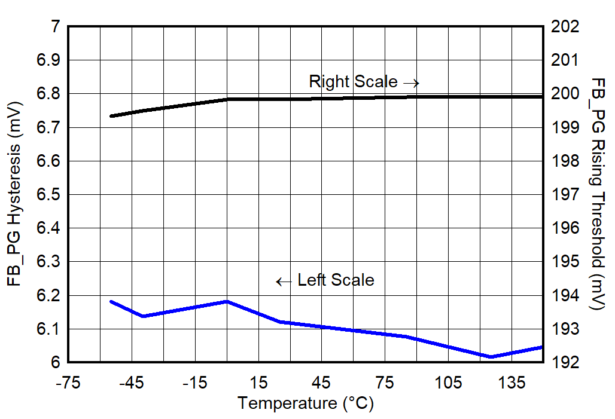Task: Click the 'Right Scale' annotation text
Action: click(x=352, y=82)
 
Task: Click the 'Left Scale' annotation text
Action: click(x=336, y=280)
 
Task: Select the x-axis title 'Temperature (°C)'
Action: click(x=305, y=403)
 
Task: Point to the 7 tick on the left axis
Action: click(x=56, y=27)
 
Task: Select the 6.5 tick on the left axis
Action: click(x=49, y=195)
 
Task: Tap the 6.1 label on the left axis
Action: click(x=49, y=329)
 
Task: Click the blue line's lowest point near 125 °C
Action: click(x=491, y=357)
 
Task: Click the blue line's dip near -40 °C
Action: click(x=143, y=316)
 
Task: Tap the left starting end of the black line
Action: click(x=111, y=116)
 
